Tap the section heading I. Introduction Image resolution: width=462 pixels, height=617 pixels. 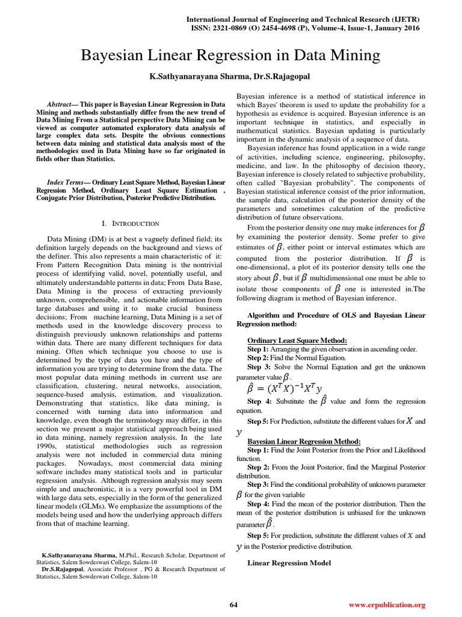131,224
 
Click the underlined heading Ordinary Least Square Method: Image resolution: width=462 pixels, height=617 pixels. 297,340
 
